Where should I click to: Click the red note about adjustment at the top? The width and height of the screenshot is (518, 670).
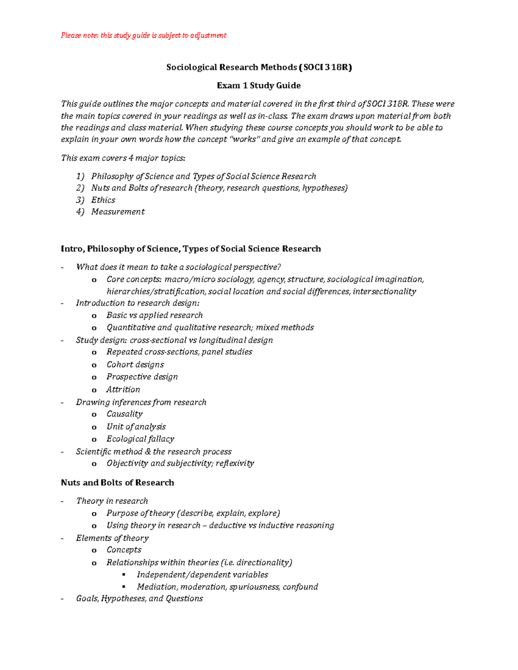point(143,35)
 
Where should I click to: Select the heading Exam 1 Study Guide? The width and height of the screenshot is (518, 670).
point(259,85)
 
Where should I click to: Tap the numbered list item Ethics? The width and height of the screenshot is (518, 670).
point(103,200)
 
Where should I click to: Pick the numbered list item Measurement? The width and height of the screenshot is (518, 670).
point(118,212)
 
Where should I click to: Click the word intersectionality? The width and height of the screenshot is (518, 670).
point(384,292)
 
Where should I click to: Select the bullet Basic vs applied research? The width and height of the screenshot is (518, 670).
point(155,315)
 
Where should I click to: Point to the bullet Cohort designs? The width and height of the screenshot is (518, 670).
point(135,365)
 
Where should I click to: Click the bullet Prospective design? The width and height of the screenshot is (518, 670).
point(142,377)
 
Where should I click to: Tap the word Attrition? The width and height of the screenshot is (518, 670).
point(123,390)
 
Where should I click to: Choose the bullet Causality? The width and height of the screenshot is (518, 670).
point(124,414)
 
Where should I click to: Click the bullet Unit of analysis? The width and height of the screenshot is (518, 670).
point(136,427)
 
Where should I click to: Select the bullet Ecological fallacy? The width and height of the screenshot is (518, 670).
point(140,439)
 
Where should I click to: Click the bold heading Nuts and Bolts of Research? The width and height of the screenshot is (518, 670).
point(117,483)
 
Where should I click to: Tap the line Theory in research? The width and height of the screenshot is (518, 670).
point(112,501)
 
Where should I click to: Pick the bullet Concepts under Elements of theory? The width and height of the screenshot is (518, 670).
point(124,550)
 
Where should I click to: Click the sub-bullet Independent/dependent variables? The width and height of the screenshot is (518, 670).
point(202,575)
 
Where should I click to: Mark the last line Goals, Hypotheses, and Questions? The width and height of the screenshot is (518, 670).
point(139,599)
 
